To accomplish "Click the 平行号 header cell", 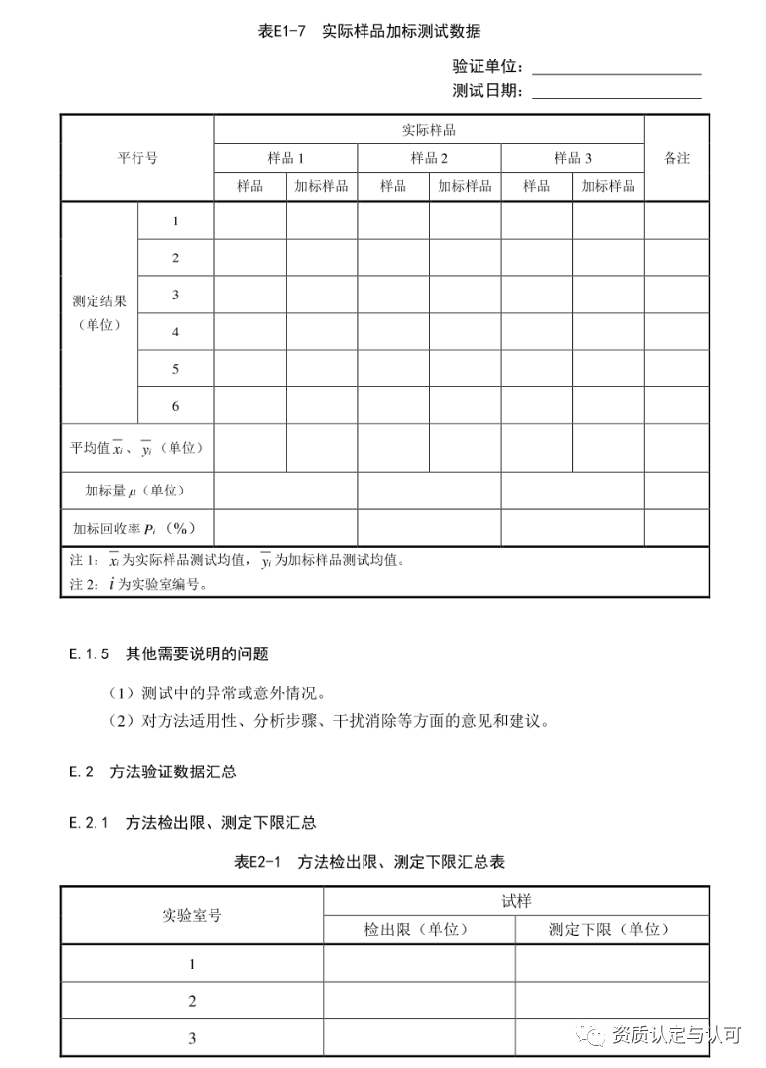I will pos(137,158).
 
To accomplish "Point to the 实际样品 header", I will pos(429,130).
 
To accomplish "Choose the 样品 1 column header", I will pos(286,158).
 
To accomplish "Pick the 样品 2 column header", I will pos(429,158).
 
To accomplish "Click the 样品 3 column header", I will pos(572,158).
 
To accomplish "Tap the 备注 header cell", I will pos(676,158).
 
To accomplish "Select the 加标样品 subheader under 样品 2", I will pos(465,186).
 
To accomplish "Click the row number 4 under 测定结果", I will pos(176,332).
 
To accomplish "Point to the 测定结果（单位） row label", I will pos(99,312).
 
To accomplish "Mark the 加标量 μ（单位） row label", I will pos(136,490).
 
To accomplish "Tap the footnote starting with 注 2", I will pos(138,585).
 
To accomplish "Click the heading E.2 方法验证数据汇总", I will pos(153,771).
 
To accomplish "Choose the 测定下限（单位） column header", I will pos(610,929).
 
